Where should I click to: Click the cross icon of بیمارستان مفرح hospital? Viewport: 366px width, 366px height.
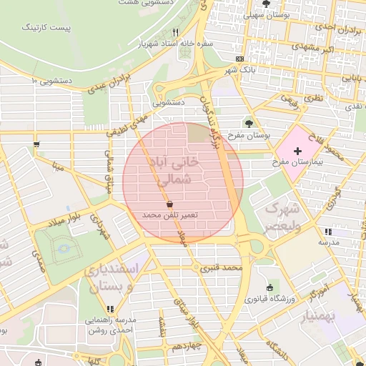tap(297, 151)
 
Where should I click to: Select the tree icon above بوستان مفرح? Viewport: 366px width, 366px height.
tap(249, 123)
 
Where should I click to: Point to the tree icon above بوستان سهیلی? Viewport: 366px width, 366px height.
tap(266, 4)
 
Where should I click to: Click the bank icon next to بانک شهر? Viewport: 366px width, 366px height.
tap(239, 59)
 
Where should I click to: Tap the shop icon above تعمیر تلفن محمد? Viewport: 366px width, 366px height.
tap(168, 203)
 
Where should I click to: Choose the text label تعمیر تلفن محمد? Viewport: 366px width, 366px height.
tap(169, 214)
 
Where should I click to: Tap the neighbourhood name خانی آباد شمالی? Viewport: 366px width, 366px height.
tap(174, 172)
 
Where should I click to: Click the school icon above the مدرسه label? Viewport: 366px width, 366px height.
tap(327, 232)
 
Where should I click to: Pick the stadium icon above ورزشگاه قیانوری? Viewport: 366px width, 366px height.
tap(269, 287)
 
